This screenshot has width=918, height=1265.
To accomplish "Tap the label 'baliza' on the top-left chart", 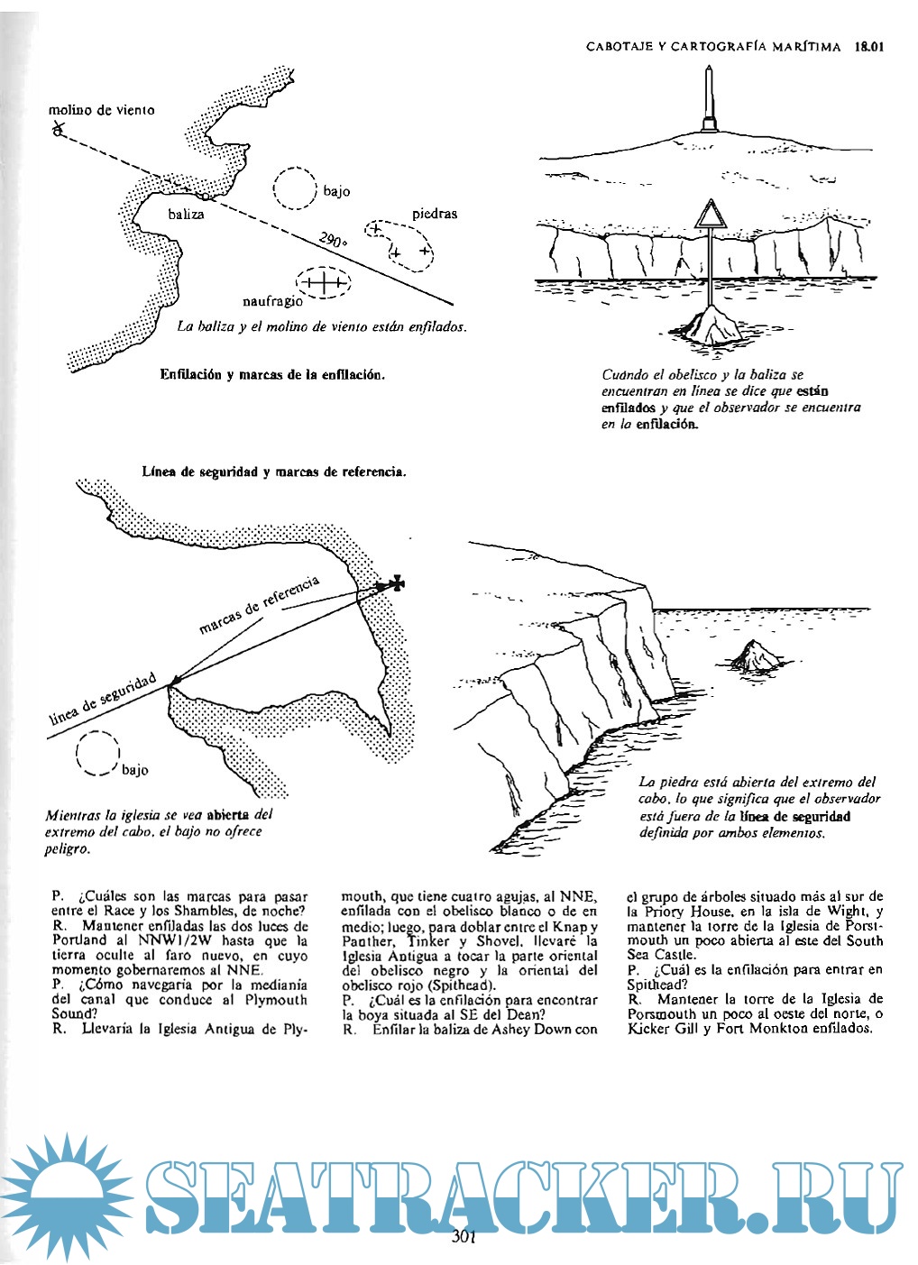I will click(186, 215).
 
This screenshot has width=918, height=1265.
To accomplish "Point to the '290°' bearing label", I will click(332, 241).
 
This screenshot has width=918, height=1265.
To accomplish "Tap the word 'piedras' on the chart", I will click(435, 214).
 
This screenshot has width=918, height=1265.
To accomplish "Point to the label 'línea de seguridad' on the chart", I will click(102, 699).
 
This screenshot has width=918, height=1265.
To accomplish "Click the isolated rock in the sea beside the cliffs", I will click(756, 656).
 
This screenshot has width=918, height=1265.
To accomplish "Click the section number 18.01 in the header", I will click(868, 46).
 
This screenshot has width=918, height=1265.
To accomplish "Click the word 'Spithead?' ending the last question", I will click(656, 985).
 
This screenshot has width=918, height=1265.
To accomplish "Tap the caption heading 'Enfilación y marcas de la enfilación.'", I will click(272, 375).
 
